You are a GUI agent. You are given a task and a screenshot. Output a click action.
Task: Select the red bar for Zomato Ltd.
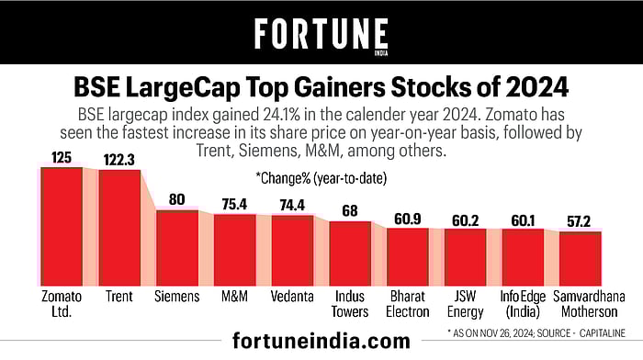tap(62, 225)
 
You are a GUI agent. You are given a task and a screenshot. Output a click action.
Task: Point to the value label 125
tap(62, 158)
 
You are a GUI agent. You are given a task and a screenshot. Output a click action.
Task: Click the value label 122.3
tap(119, 160)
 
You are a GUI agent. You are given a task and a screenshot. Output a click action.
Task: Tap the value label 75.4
tap(234, 204)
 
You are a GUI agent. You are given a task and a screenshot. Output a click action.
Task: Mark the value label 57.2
tap(581, 221)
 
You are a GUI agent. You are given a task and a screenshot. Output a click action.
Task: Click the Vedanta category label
tap(292, 297)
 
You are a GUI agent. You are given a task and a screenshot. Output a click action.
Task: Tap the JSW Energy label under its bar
tap(465, 304)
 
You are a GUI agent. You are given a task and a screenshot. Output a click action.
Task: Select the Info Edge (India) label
tap(523, 304)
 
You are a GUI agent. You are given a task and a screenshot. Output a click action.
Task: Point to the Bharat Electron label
tap(407, 304)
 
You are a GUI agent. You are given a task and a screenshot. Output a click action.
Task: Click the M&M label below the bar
tap(234, 297)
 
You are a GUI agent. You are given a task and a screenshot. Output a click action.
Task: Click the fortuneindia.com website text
tap(321, 342)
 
